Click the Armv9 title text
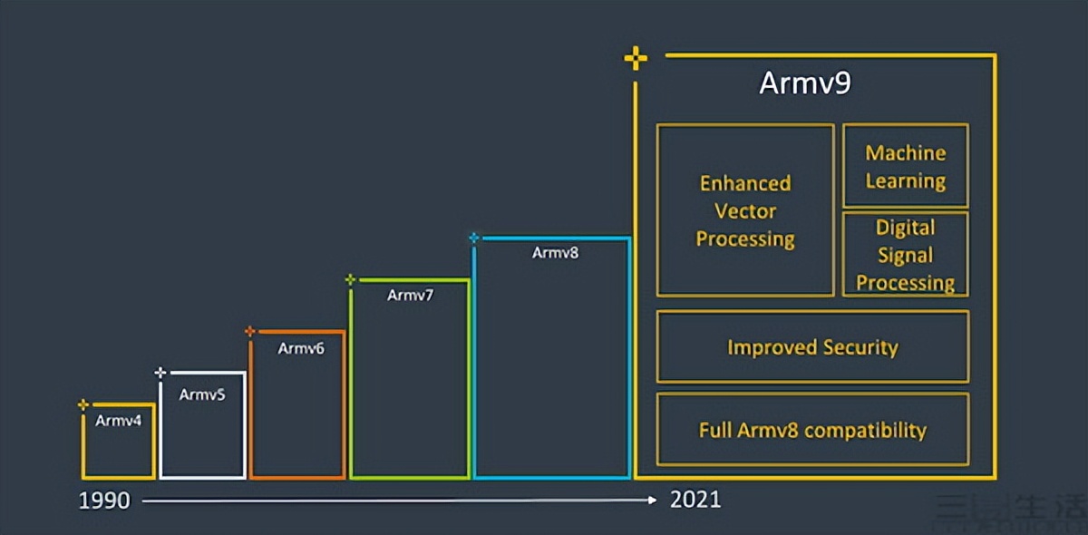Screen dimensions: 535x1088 click(x=805, y=84)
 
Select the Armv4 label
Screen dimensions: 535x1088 click(x=119, y=421)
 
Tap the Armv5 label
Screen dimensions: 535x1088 click(x=202, y=394)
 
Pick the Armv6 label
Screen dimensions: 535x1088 click(x=301, y=347)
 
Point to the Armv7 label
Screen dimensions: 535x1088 click(x=411, y=295)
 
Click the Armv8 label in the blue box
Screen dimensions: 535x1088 click(x=555, y=253)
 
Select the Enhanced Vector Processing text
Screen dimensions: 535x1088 click(x=745, y=211)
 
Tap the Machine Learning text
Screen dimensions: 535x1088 click(x=905, y=167)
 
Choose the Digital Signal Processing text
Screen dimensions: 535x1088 click(x=905, y=255)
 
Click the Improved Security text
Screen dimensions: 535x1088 click(x=812, y=347)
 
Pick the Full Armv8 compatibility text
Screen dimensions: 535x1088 click(x=812, y=430)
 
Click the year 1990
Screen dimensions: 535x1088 click(x=104, y=500)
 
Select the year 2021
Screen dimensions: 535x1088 click(x=695, y=500)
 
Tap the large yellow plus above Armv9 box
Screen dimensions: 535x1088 click(x=636, y=60)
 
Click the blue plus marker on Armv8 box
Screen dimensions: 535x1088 click(x=473, y=238)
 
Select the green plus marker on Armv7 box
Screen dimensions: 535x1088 click(x=350, y=280)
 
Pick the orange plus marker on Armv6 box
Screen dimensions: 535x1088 click(x=250, y=331)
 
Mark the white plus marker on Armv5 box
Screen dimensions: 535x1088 click(x=160, y=372)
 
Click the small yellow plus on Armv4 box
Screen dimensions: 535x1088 click(x=83, y=404)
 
